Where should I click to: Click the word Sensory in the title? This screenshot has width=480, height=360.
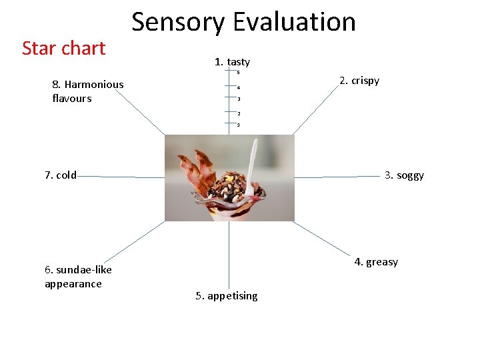click(x=179, y=23)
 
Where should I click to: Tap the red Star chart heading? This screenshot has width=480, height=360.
click(x=64, y=48)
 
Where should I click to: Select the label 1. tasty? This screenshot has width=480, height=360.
click(x=232, y=62)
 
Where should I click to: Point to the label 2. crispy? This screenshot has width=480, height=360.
click(x=359, y=81)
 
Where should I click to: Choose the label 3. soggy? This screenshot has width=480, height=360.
click(x=404, y=175)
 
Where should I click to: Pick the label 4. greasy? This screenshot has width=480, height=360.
click(x=376, y=261)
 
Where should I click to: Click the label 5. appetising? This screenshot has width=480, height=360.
click(x=227, y=295)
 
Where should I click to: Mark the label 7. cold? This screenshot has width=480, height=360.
click(x=61, y=175)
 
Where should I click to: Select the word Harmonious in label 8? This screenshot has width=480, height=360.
click(x=94, y=85)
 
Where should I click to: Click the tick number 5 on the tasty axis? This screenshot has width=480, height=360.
click(x=238, y=72)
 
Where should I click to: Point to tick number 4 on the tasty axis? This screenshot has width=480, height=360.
click(x=238, y=87)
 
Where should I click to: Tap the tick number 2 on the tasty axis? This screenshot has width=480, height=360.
click(x=238, y=113)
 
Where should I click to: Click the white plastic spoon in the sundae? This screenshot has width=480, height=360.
click(x=251, y=170)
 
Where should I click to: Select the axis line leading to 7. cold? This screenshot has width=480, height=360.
click(x=120, y=177)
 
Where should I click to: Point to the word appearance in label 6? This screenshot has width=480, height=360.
click(x=73, y=284)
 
